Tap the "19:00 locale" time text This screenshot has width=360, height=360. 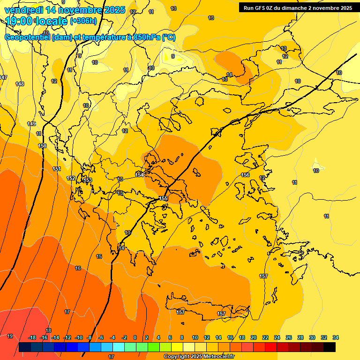coord(37,21)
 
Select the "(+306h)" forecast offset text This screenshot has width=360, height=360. coord(83,21)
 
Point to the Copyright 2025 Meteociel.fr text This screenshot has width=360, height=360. coord(203,356)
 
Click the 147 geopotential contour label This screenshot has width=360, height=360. coord(3,77)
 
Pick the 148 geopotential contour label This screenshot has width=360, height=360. coord(20,84)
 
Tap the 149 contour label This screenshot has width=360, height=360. coord(31,124)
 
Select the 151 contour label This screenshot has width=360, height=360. coord(57,169)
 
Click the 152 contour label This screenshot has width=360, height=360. coord(71,178)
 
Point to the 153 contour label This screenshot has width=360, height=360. coord(88,180)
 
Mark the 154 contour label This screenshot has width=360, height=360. coord(139,175)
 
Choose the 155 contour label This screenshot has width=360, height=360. coord(163,199)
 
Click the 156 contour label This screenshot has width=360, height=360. coord(245,175)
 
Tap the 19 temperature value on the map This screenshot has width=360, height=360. coord(10,336)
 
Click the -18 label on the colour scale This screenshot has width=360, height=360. coord(32,337)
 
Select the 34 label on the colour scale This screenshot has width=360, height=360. coord(336,337)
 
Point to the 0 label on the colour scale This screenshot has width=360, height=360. coord(135,337)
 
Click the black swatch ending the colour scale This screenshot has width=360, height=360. coord(330,347)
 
